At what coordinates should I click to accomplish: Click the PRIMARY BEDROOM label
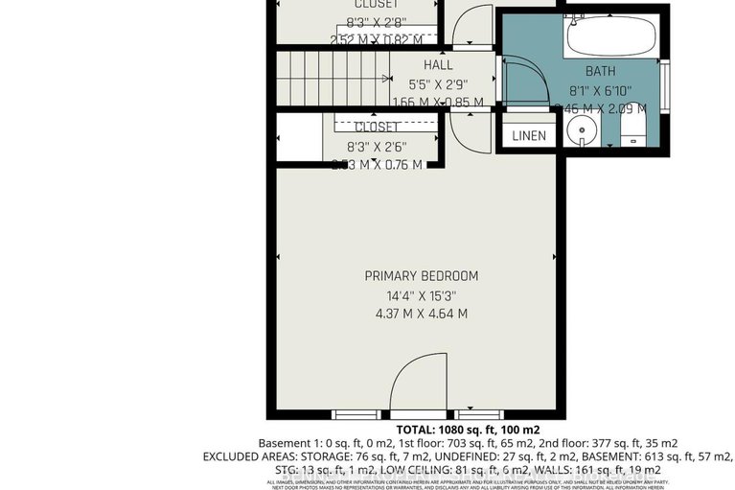pyautogui.click(x=421, y=276)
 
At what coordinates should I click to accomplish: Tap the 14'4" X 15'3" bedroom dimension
pyautogui.click(x=421, y=295)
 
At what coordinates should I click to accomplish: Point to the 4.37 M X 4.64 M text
pyautogui.click(x=421, y=314)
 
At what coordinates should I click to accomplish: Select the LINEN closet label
pyautogui.click(x=528, y=136)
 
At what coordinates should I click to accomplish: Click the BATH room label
pyautogui.click(x=601, y=71)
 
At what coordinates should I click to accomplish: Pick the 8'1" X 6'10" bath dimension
pyautogui.click(x=601, y=89)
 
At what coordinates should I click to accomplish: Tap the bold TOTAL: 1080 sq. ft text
pyautogui.click(x=468, y=429)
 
